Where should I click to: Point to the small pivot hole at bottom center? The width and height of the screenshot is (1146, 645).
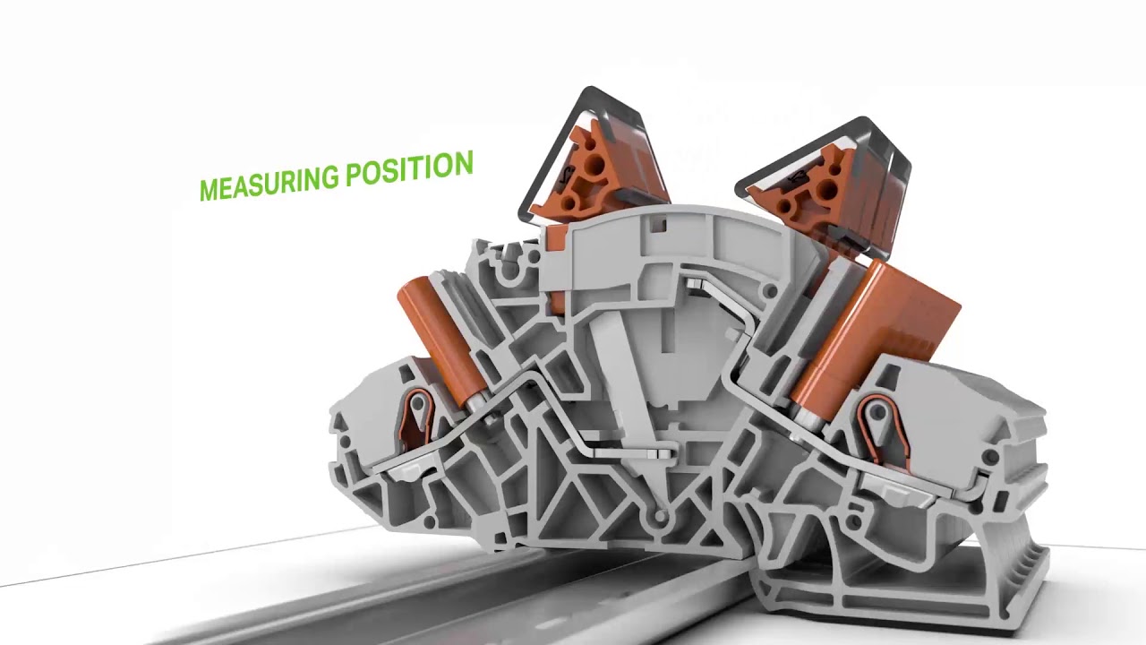tap(660, 517)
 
